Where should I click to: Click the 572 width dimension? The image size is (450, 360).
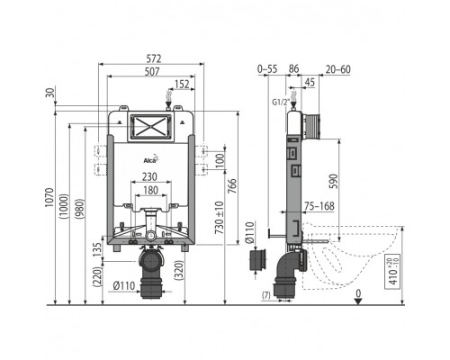[154, 58]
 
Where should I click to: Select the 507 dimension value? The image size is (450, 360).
[152, 72]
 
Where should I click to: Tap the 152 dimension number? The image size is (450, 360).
[182, 85]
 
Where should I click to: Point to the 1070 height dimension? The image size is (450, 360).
[49, 197]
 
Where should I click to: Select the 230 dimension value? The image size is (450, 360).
[149, 176]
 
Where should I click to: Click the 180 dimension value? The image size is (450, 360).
[150, 190]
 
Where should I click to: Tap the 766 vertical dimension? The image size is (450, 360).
[232, 186]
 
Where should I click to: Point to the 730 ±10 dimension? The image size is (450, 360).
[220, 218]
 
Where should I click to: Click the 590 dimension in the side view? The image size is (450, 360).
[333, 181]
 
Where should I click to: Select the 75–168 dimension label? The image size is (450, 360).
[319, 206]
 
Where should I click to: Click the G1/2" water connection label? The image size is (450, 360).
[281, 103]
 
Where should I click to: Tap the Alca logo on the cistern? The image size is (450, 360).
[150, 159]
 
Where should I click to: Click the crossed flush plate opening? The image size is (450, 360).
[150, 128]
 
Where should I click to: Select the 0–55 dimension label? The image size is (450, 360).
[267, 69]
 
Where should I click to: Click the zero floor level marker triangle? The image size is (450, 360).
[358, 301]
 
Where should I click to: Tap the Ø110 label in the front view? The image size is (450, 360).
[124, 286]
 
